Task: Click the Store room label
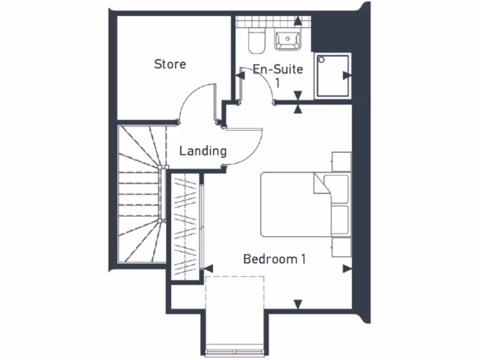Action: pyautogui.click(x=170, y=64)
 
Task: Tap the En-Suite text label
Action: pyautogui.click(x=278, y=70)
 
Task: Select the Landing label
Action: pyautogui.click(x=203, y=151)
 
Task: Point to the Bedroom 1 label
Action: pyautogui.click(x=274, y=259)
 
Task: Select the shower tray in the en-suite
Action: pyautogui.click(x=332, y=75)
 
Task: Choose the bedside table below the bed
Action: pyautogui.click(x=341, y=247)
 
